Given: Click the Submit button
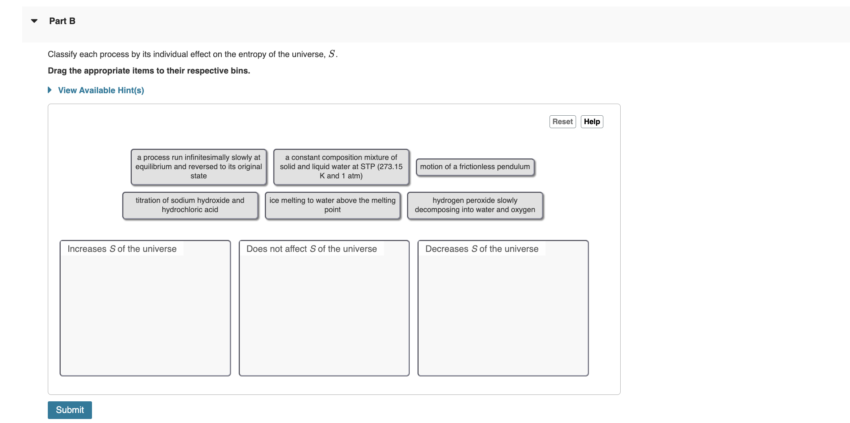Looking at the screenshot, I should point(69,410).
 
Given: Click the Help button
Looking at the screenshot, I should point(592,122).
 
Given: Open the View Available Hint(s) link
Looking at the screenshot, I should point(101,90).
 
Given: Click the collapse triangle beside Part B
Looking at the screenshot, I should point(35,21).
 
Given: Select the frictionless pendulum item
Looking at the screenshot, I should point(475,167).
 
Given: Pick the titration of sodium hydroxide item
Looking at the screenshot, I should point(190,205).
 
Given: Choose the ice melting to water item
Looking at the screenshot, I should point(332,205).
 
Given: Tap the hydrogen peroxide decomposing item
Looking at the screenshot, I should point(475,205).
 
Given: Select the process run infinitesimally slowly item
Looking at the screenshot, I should point(198,167).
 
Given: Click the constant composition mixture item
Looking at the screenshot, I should point(341,167).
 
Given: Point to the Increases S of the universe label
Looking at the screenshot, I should point(122,249).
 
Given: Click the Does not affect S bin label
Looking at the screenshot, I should point(311,249).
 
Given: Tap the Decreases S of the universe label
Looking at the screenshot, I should point(482,249).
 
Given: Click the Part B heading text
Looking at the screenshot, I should point(62,21).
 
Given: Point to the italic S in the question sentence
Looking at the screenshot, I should point(331,54).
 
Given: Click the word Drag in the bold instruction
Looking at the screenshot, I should point(57,71).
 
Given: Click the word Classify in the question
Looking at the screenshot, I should point(62,54).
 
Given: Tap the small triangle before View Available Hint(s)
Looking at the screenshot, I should point(50,90).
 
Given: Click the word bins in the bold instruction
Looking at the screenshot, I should point(239,71).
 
